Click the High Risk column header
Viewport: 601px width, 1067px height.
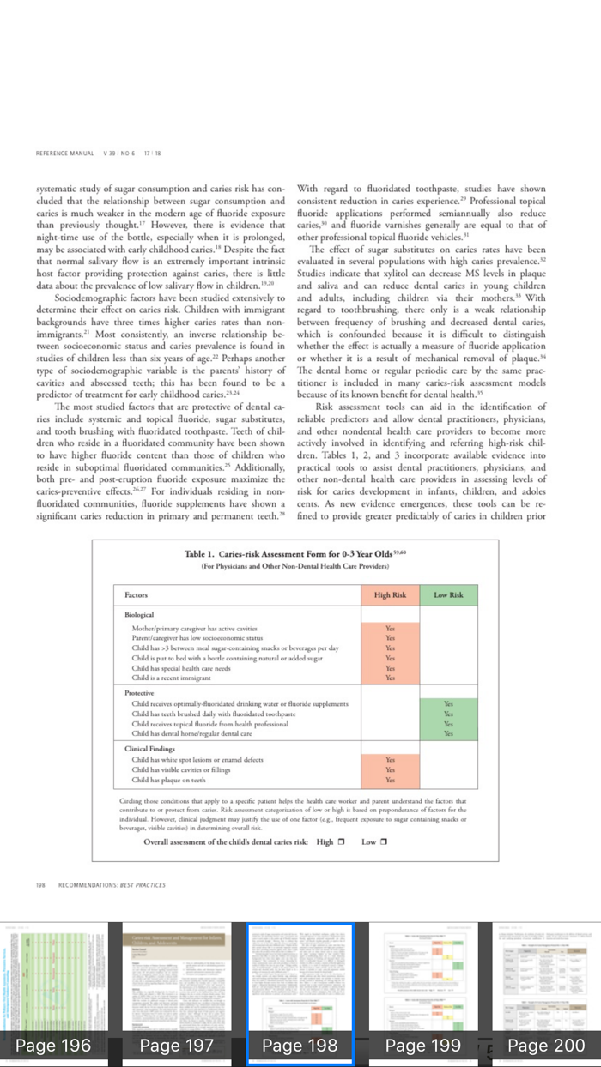[x=390, y=594]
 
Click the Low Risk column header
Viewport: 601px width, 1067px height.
[x=447, y=594]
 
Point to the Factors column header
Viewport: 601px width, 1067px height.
[x=137, y=594]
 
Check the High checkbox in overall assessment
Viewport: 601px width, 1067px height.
[x=341, y=841]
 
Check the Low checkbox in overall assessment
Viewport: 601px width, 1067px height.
[x=384, y=841]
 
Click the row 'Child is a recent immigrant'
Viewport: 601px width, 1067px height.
[x=171, y=678]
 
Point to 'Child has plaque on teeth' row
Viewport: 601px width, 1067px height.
[x=168, y=780]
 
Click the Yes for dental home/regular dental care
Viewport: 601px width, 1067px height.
[x=447, y=733]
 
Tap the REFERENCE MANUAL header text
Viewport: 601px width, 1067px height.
[x=64, y=154]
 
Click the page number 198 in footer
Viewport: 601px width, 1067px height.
[x=41, y=884]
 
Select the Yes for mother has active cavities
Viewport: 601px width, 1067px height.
[x=390, y=629]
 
